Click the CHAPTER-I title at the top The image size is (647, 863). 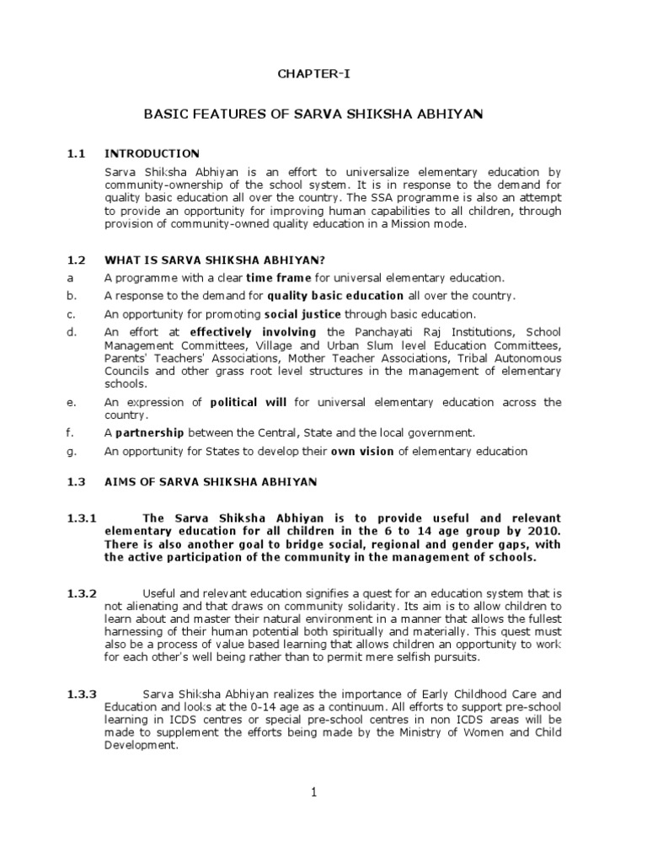313,74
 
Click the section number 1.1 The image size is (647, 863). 78,153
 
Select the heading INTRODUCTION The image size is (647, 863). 152,153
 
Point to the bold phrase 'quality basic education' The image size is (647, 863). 335,296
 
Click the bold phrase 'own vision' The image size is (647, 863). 361,451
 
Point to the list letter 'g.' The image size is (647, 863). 72,451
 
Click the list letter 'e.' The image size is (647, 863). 72,402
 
